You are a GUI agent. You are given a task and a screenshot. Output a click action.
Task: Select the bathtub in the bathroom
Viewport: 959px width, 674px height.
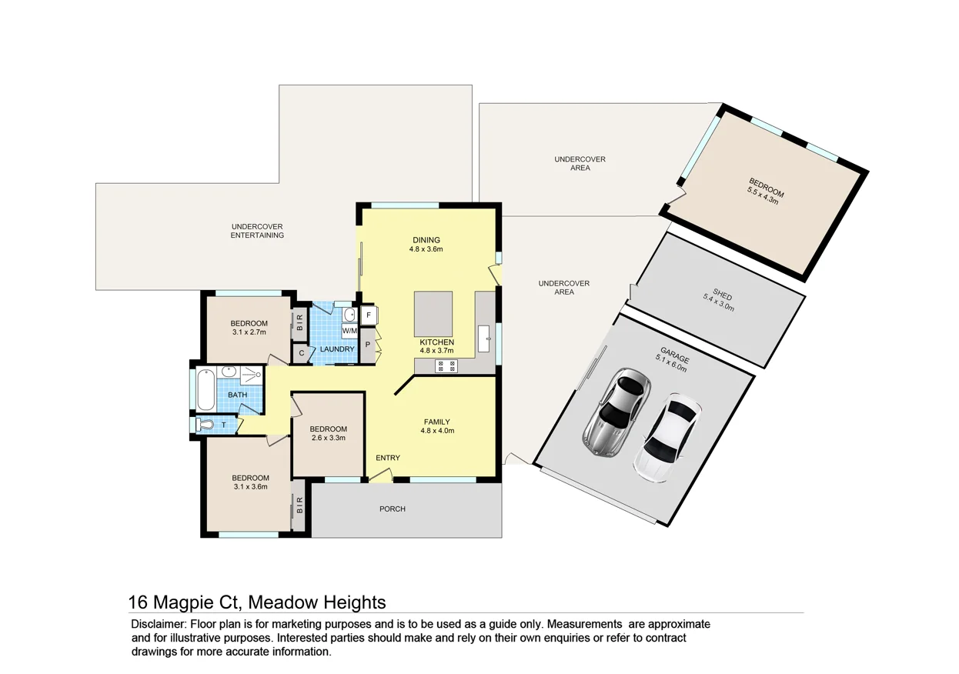tap(205, 392)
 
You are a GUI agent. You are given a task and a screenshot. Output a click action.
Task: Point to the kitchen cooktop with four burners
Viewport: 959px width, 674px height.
tap(446, 366)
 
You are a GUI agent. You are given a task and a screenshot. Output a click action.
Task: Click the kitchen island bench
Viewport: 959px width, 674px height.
tap(434, 313)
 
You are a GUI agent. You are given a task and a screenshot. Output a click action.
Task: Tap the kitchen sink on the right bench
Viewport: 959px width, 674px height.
tap(486, 336)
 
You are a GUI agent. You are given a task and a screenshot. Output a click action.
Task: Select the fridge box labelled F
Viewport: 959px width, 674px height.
tap(369, 315)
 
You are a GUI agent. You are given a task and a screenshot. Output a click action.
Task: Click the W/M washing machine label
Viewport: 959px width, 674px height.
tap(349, 331)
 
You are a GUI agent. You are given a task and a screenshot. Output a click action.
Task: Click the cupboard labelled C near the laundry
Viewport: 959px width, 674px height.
tap(301, 354)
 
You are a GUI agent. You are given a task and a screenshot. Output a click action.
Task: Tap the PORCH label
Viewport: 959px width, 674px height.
tap(392, 509)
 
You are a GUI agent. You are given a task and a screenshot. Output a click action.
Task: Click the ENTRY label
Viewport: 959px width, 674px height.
tap(387, 458)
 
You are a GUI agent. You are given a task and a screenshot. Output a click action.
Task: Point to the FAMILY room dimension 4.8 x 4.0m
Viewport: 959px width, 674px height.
tap(436, 431)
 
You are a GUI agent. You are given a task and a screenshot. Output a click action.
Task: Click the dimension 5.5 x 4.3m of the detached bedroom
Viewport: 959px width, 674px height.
tap(763, 196)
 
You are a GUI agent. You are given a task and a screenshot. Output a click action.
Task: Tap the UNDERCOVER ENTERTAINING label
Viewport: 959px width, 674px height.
tap(257, 231)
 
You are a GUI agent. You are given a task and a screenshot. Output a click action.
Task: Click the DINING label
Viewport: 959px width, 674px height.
tap(426, 239)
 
